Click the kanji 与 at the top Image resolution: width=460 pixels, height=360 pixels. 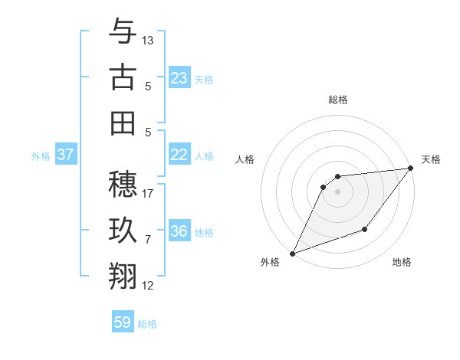(x=123, y=31)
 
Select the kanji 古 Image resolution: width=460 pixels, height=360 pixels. (x=123, y=77)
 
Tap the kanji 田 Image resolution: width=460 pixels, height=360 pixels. (x=123, y=123)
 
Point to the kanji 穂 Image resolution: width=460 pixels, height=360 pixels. (x=123, y=184)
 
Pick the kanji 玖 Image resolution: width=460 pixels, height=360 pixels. (x=123, y=230)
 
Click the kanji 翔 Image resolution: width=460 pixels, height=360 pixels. (x=123, y=276)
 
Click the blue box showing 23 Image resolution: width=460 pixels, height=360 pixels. (x=179, y=77)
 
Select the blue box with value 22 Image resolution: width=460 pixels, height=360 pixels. (x=179, y=155)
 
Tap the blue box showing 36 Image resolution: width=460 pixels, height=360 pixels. (x=179, y=231)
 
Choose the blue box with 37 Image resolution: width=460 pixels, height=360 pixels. (x=66, y=155)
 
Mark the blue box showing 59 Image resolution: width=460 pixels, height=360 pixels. (x=123, y=322)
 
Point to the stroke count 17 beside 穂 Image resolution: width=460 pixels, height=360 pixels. (x=148, y=193)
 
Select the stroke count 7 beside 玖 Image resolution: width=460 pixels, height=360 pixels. (x=148, y=240)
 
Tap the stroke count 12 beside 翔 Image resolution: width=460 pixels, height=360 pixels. (x=148, y=286)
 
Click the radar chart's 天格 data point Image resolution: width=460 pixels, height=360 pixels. (x=411, y=169)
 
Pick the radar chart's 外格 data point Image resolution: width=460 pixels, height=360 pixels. (x=292, y=254)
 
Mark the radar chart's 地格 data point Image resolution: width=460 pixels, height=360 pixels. (x=365, y=229)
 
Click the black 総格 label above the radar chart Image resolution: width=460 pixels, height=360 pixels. (x=337, y=100)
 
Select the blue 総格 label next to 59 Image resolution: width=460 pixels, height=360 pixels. (x=148, y=324)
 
